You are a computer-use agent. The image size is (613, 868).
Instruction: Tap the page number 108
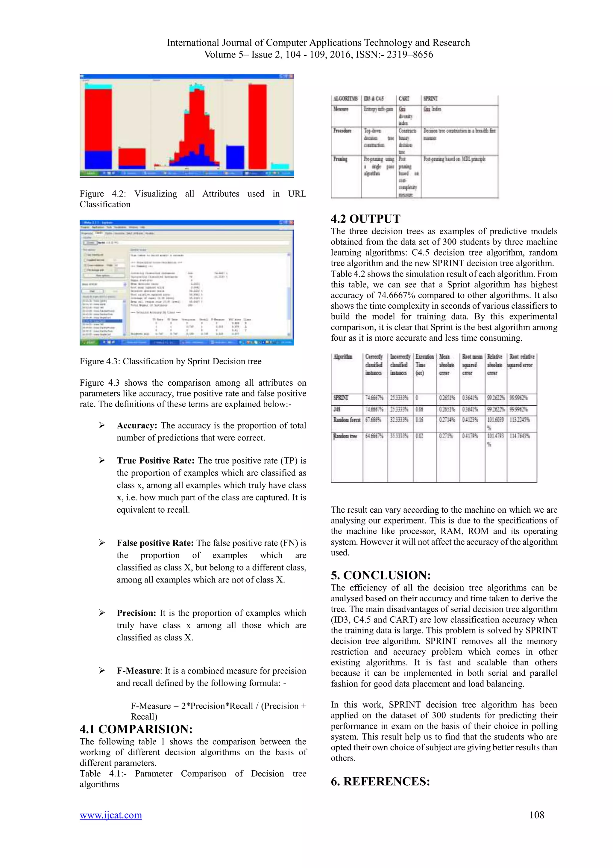[536, 815]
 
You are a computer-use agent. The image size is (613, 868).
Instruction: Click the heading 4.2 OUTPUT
[365, 219]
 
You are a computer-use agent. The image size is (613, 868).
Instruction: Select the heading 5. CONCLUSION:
[381, 575]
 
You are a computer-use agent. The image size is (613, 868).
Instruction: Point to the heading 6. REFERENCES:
[380, 781]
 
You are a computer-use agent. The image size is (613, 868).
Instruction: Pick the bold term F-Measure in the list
[138, 671]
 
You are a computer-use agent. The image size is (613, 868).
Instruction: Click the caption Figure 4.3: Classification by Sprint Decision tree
[170, 361]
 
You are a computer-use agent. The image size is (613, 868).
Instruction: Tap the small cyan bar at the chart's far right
[280, 166]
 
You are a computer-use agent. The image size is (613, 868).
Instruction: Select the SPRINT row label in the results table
[341, 398]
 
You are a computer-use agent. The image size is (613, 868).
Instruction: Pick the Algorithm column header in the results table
[343, 357]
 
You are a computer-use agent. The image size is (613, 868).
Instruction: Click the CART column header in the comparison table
[404, 99]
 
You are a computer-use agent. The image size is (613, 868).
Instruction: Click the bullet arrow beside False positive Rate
[101, 543]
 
